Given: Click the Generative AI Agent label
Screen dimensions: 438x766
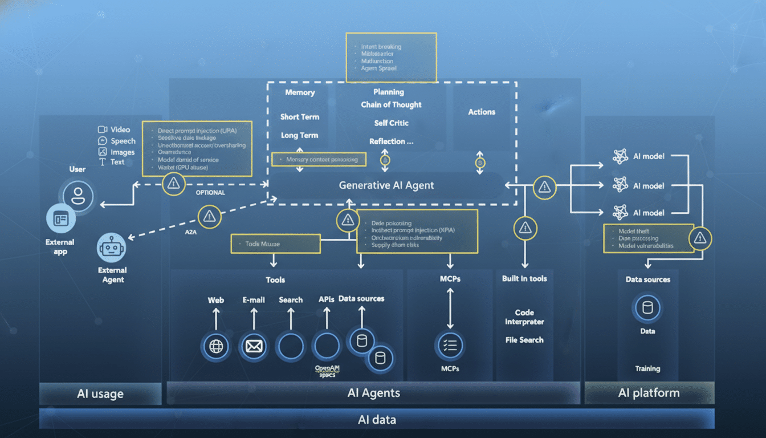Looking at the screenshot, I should [386, 185].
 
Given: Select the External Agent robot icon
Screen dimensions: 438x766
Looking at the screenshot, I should [112, 248].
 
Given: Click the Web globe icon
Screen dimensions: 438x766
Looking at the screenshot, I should [216, 346].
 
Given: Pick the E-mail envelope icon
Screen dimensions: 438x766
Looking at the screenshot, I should [254, 346].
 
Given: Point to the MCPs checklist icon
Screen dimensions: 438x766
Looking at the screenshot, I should [450, 345].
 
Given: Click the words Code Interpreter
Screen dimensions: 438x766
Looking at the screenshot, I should [524, 317].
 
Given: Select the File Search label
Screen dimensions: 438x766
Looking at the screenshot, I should [524, 340].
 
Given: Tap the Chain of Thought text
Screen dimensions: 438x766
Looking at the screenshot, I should [391, 105].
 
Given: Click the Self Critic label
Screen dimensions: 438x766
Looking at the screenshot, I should [392, 123].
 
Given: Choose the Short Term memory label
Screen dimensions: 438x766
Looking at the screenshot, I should [300, 117].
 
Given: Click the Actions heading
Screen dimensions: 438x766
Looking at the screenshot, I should [482, 112].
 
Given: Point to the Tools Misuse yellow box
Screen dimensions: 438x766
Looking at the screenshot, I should [275, 244].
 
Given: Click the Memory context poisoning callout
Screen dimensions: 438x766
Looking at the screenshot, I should [318, 160].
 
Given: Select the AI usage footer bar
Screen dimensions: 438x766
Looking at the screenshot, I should [100, 394].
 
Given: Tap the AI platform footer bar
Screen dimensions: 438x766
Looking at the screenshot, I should [649, 393].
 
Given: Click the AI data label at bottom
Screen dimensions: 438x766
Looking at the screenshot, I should [376, 420].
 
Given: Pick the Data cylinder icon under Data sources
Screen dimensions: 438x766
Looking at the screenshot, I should [647, 309].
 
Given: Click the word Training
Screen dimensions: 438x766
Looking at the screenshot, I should [647, 368].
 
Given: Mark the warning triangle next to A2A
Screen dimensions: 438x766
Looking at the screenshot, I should [209, 216].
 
